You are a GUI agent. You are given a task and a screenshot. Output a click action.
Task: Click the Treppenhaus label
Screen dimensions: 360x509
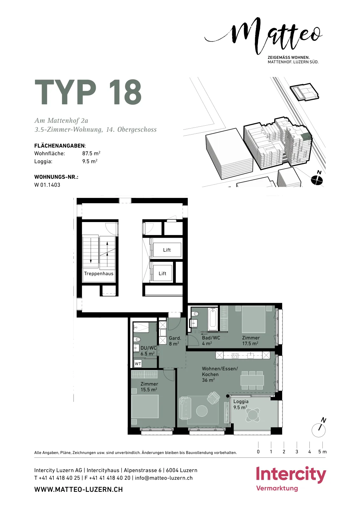[x=99, y=274]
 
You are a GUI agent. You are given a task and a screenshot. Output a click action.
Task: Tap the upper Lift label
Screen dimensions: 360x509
[x=167, y=250]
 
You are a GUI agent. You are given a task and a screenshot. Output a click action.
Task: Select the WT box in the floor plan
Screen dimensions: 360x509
[x=138, y=364]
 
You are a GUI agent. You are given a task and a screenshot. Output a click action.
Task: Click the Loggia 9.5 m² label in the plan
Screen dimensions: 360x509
[x=241, y=404]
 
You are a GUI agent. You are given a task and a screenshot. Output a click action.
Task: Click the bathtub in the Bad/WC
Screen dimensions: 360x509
[x=213, y=319]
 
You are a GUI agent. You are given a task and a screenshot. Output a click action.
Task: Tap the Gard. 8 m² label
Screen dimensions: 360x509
[x=175, y=341]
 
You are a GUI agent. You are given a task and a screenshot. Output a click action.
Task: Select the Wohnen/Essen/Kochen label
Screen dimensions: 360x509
[x=220, y=374]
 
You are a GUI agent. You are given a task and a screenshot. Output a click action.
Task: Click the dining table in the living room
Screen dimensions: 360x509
[x=252, y=380]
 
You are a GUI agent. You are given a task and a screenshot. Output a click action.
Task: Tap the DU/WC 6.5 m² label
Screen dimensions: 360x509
[x=149, y=351]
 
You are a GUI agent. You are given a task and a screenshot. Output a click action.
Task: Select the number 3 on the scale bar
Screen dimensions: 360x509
[x=297, y=452]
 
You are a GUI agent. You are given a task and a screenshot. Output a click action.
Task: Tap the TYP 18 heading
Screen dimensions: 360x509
[x=88, y=92]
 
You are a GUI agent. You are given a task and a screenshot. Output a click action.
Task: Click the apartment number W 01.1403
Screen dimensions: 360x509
[x=47, y=185]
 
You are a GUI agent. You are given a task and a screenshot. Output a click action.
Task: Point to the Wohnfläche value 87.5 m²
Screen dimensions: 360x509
[x=91, y=153]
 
